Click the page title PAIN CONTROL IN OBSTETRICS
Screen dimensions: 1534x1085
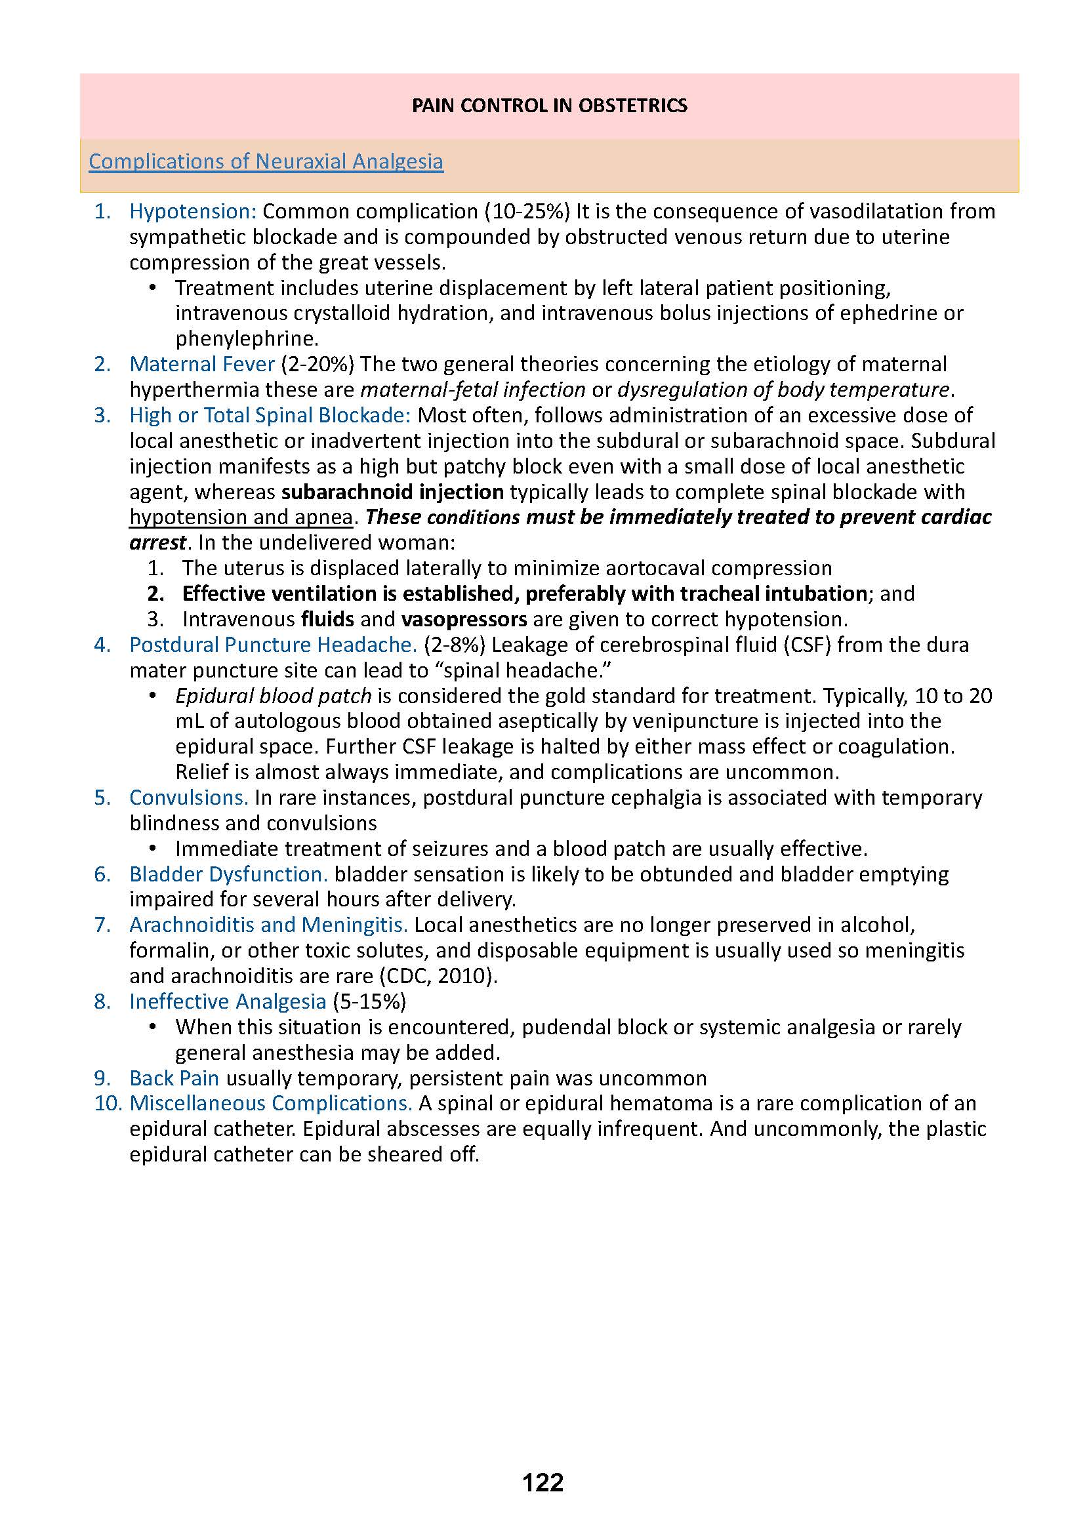pyautogui.click(x=549, y=106)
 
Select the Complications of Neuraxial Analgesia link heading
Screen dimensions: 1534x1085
pyautogui.click(x=266, y=162)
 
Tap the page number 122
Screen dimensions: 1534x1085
pyautogui.click(x=542, y=1501)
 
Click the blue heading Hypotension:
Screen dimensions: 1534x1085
pyautogui.click(x=192, y=211)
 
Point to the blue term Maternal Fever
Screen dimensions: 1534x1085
pyautogui.click(x=202, y=364)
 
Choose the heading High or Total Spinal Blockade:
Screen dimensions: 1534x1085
pyautogui.click(x=270, y=415)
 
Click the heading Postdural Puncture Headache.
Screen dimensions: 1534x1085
pyautogui.click(x=273, y=645)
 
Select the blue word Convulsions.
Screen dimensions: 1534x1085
pyautogui.click(x=188, y=797)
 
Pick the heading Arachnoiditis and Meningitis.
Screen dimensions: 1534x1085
pyautogui.click(x=268, y=925)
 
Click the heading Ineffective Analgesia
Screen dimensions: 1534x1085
pyautogui.click(x=227, y=1001)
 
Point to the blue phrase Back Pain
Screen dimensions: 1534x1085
pyautogui.click(x=174, y=1078)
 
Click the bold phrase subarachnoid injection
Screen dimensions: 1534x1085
pyautogui.click(x=393, y=492)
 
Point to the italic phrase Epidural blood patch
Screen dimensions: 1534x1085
pyautogui.click(x=274, y=696)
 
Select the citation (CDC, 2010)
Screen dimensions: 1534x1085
pyautogui.click(x=438, y=976)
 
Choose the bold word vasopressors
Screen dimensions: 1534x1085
pyautogui.click(x=464, y=619)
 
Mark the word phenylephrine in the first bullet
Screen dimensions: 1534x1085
pyautogui.click(x=247, y=338)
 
